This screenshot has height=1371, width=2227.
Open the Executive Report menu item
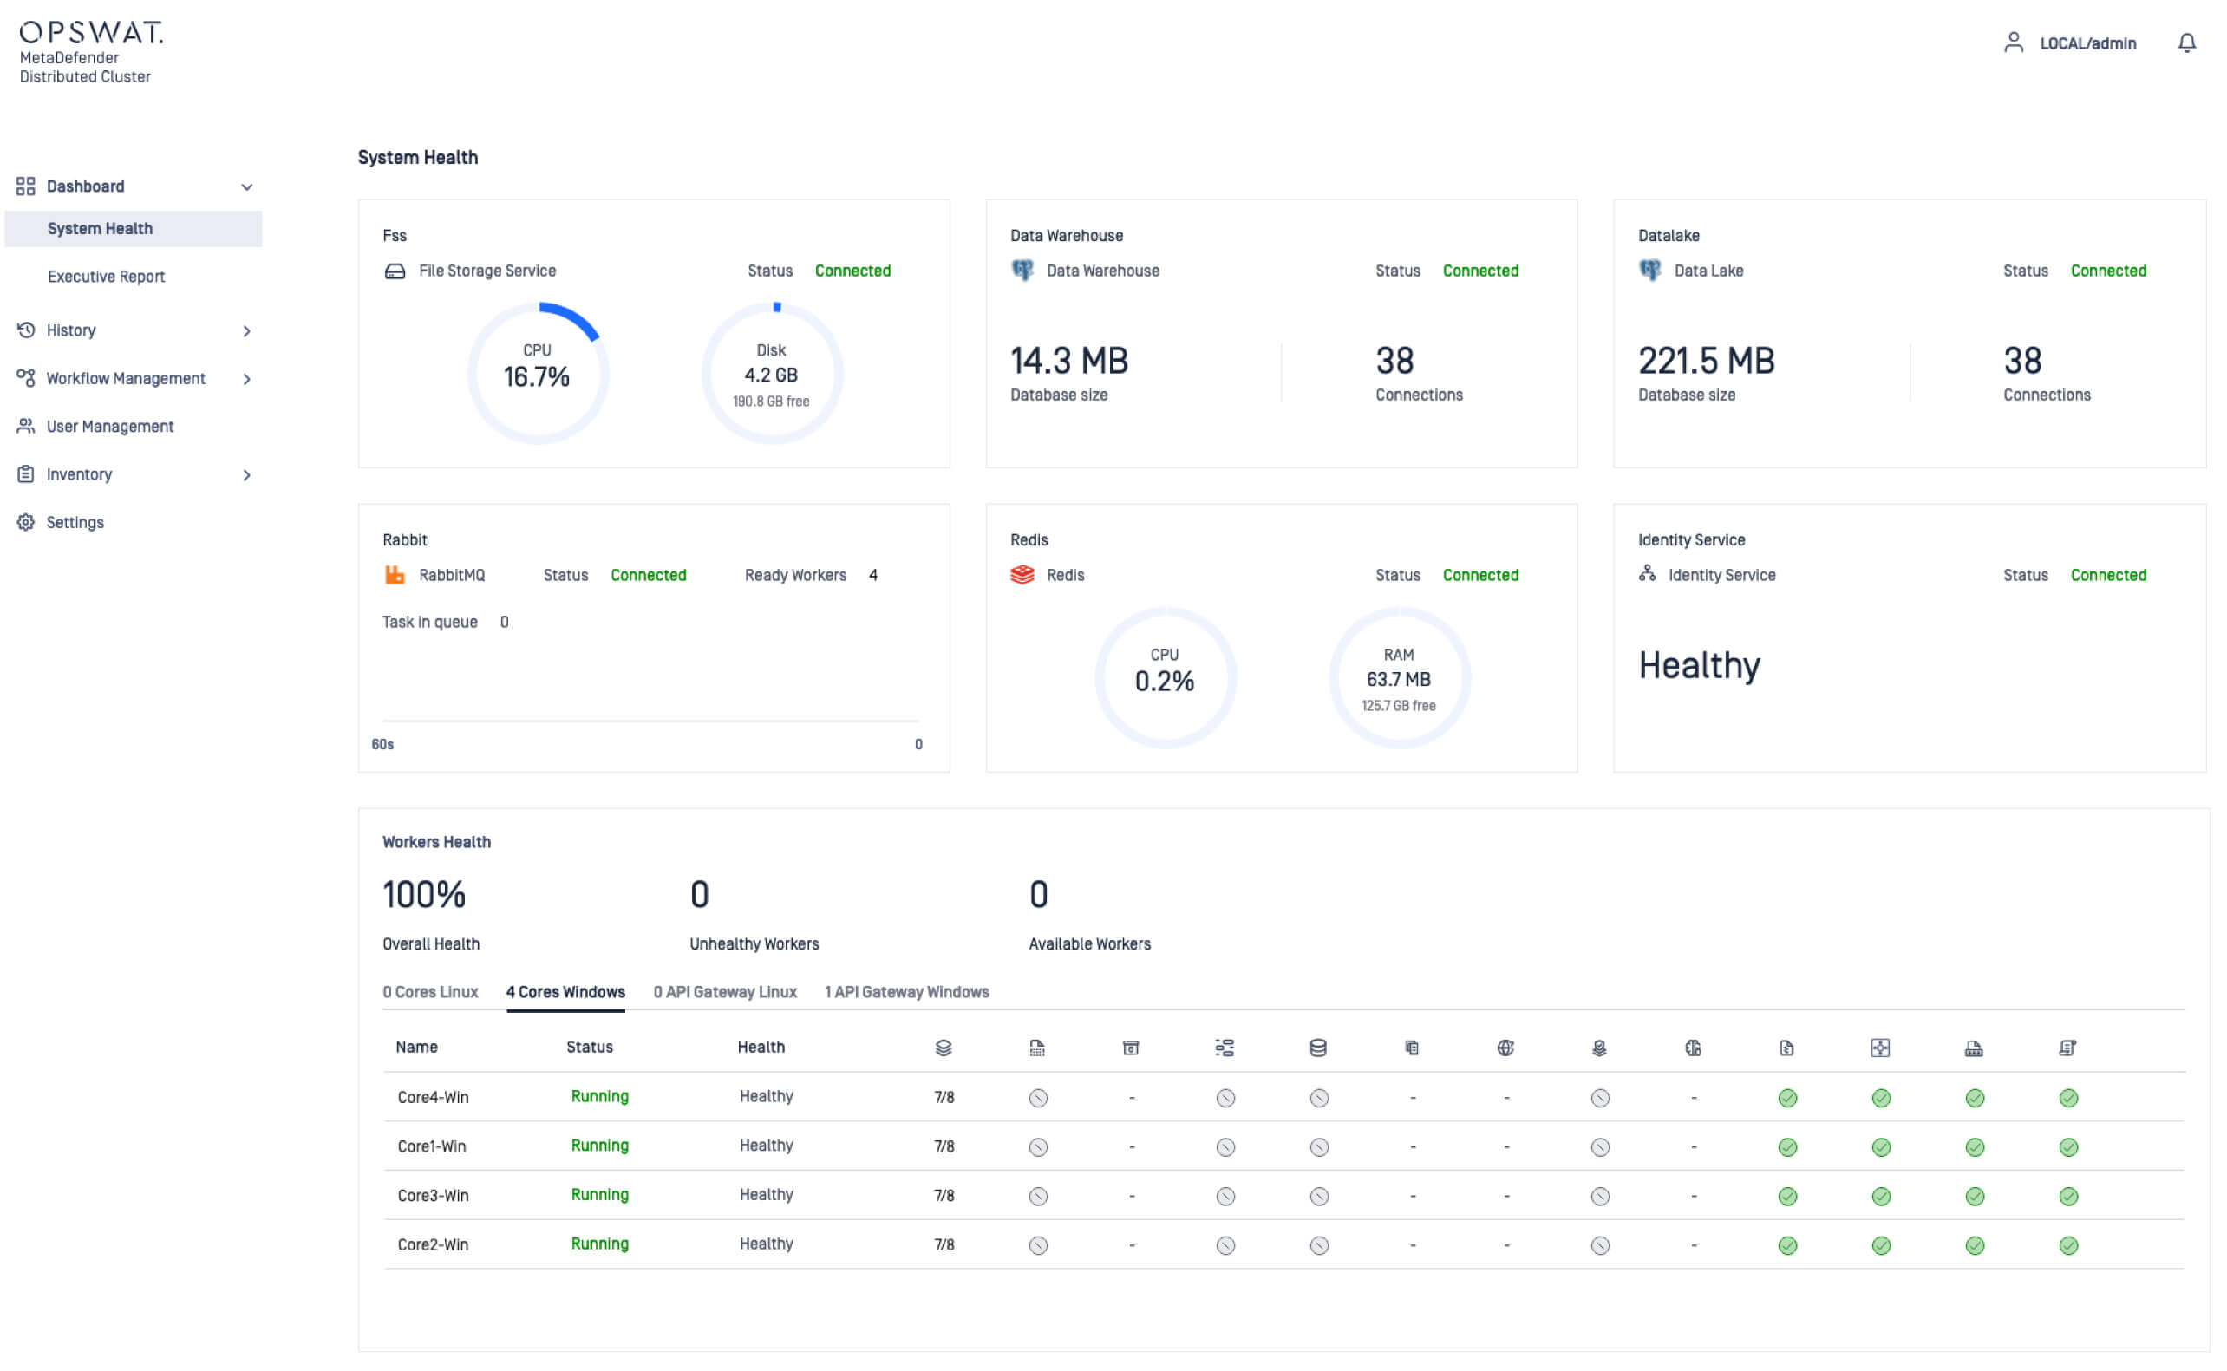click(106, 277)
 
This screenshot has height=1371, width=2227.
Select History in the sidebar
click(71, 330)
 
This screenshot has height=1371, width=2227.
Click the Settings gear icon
click(25, 522)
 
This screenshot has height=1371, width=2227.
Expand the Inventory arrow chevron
click(246, 475)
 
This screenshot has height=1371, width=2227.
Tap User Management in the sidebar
click(110, 426)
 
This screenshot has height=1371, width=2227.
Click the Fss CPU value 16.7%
click(536, 377)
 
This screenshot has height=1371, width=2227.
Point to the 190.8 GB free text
click(771, 402)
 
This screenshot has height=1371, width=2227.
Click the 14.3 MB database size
click(1069, 361)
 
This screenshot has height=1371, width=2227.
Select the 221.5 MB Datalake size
click(1706, 361)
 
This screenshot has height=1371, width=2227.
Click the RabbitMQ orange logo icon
click(395, 575)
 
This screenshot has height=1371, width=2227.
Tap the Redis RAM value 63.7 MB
click(1397, 679)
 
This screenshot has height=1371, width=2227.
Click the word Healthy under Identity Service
click(1698, 665)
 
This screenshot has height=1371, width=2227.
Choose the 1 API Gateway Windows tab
click(906, 992)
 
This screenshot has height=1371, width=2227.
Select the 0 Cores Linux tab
click(430, 992)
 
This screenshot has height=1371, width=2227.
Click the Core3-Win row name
click(433, 1195)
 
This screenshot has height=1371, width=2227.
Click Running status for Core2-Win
click(599, 1244)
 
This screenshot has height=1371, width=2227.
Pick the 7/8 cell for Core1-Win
click(943, 1146)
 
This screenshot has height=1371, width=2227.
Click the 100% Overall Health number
click(423, 895)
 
